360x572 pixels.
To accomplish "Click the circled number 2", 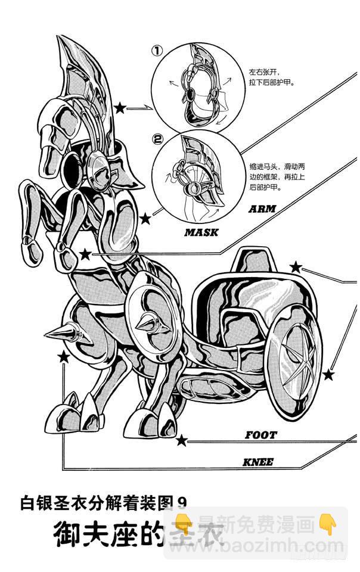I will coord(158,141).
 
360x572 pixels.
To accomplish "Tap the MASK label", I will coord(201,232).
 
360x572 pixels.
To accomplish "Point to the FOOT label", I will coord(260,435).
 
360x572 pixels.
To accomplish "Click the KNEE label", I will coord(258,462).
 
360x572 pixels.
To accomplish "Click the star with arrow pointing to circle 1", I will coord(120,108).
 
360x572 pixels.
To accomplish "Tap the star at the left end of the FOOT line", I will coord(182,441).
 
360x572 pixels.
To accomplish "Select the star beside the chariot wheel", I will coord(328,375).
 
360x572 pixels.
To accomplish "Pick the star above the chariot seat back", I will coord(296,267).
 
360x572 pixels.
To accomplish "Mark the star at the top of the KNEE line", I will coord(63,357).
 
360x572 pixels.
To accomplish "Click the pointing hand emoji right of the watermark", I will coord(326,524).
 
